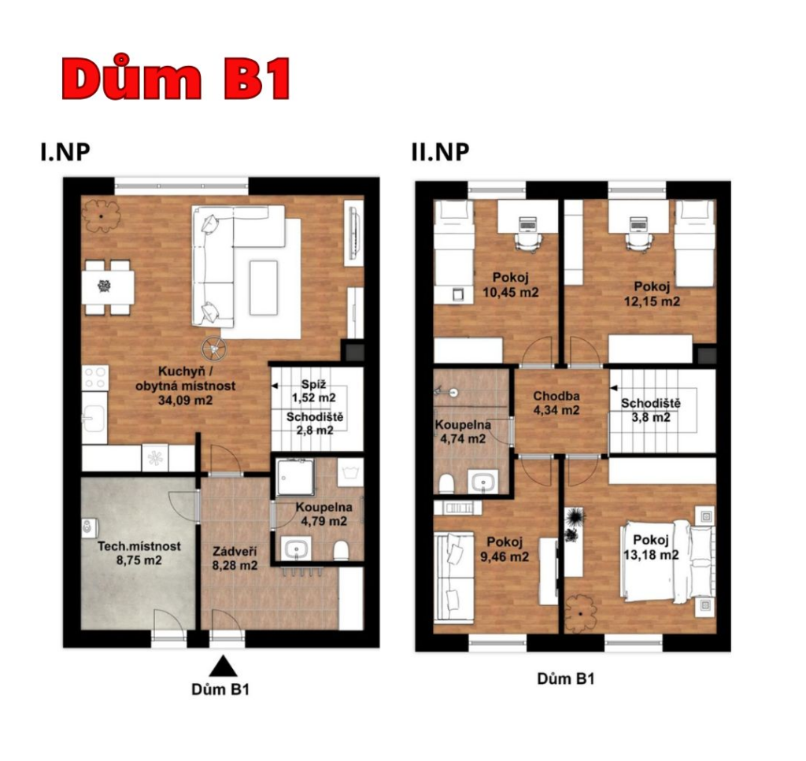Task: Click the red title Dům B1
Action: coord(176,78)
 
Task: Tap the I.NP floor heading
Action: coord(65,152)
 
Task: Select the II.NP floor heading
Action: coord(441,152)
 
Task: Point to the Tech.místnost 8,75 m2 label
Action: coord(139,553)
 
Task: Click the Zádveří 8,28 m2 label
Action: coord(235,559)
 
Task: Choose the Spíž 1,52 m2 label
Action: coord(313,391)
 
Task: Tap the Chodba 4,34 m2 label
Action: coord(556,403)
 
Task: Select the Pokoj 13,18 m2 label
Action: coord(651,547)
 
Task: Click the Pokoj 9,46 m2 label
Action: coord(505,549)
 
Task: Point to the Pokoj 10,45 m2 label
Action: coord(510,285)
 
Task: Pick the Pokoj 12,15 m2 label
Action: coord(652,294)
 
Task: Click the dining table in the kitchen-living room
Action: coord(108,286)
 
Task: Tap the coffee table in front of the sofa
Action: coord(264,287)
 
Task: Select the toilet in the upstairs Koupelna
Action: coord(446,484)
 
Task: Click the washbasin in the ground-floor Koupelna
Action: coord(296,549)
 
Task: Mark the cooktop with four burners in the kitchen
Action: coord(95,378)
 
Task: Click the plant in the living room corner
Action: coord(102,216)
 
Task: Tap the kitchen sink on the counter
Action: coord(94,417)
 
